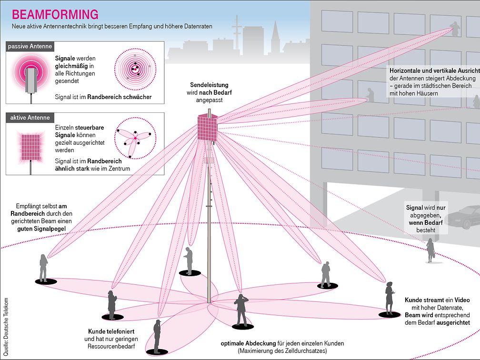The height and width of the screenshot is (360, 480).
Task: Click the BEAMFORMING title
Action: (55, 14)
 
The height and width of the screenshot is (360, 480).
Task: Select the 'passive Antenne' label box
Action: (30, 47)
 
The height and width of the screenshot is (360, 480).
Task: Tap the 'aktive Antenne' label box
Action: (29, 118)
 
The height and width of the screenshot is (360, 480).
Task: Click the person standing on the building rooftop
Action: (456, 30)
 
